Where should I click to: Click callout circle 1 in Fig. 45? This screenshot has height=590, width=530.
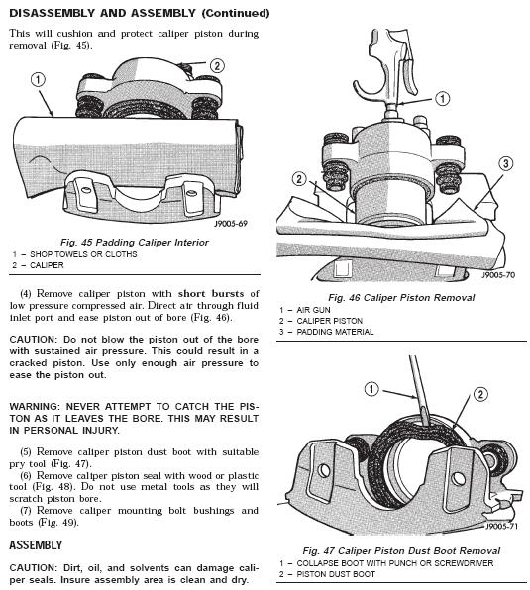click(38, 80)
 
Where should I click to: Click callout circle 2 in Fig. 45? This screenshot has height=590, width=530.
click(217, 66)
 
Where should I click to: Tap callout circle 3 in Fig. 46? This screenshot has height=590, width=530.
click(505, 163)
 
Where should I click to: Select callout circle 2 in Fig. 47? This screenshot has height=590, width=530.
click(480, 394)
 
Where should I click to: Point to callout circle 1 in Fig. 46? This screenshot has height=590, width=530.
click(442, 99)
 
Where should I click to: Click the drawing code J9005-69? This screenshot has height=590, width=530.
click(231, 224)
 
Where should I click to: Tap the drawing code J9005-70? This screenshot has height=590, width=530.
click(498, 275)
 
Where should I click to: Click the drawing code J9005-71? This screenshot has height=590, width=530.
click(501, 526)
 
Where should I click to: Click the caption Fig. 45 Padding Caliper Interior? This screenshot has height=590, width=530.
click(135, 242)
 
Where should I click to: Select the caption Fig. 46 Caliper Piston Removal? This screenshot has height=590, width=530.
click(401, 298)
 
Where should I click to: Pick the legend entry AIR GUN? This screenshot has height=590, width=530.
click(314, 310)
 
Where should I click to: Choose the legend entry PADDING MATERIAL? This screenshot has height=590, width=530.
click(335, 332)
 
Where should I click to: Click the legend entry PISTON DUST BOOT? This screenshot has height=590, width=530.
click(336, 574)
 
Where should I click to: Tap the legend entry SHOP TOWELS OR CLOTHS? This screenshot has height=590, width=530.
click(83, 254)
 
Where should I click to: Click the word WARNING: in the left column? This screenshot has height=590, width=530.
click(35, 407)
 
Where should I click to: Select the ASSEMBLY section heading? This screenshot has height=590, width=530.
click(36, 545)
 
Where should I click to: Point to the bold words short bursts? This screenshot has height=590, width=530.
click(211, 293)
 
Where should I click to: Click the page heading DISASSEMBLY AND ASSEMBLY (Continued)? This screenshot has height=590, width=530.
click(140, 13)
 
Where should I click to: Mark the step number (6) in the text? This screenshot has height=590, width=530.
click(26, 475)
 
